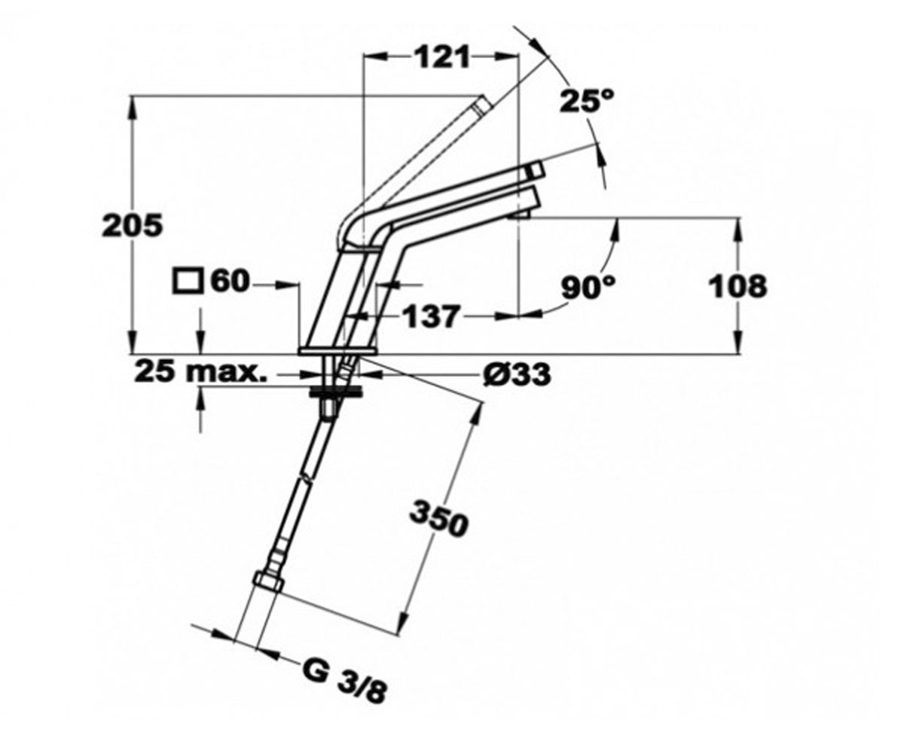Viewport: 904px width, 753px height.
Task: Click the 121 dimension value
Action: pyautogui.click(x=442, y=57)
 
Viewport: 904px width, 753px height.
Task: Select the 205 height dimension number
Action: pyautogui.click(x=132, y=225)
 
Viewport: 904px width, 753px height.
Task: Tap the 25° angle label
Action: pyautogui.click(x=587, y=101)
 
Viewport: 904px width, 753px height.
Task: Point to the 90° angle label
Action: pyautogui.click(x=588, y=286)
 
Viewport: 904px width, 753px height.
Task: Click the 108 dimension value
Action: pyautogui.click(x=738, y=286)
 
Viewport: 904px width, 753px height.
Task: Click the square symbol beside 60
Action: pyautogui.click(x=188, y=282)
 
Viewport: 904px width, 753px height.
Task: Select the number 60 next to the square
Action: pyautogui.click(x=231, y=282)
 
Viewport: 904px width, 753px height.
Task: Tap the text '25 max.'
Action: pyautogui.click(x=200, y=371)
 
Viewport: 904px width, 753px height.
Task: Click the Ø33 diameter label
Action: pyautogui.click(x=518, y=374)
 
